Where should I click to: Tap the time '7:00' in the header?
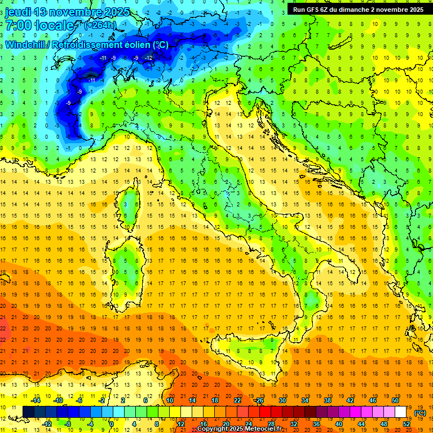coord(19,25)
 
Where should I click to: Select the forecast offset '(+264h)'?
coord(101,25)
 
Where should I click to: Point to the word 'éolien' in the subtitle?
coord(135,45)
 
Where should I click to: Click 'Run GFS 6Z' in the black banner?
coord(312,9)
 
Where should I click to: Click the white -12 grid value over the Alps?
coord(149,58)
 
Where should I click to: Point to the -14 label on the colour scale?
coord(37,400)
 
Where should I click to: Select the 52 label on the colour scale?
coord(407,423)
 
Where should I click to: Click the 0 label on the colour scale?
coord(111,423)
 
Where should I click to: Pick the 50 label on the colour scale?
coord(395,400)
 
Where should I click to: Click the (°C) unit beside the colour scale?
coord(420,412)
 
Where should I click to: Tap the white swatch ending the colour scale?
coord(400,412)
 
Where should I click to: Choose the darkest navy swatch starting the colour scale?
coord(28,412)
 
